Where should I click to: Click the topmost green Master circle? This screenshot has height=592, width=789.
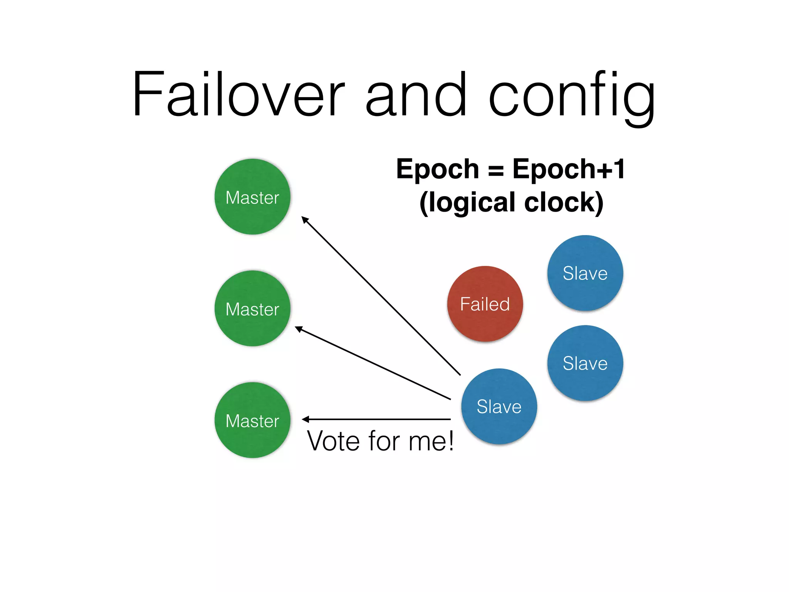[252, 197]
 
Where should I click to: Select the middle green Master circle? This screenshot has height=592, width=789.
[252, 308]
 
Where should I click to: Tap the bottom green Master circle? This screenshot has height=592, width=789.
[252, 420]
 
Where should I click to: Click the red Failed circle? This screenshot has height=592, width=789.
[485, 304]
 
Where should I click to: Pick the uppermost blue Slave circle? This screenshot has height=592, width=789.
[585, 273]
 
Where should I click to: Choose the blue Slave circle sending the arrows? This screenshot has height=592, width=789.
[499, 406]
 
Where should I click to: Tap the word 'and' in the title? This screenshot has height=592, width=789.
[416, 94]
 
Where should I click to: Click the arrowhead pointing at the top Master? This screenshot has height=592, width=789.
[305, 220]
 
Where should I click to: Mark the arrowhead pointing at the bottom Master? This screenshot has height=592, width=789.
[306, 419]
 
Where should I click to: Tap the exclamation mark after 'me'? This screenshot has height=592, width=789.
[450, 441]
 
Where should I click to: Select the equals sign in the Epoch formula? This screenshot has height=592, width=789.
[495, 171]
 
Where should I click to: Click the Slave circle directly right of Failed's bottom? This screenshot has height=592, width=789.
[585, 363]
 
